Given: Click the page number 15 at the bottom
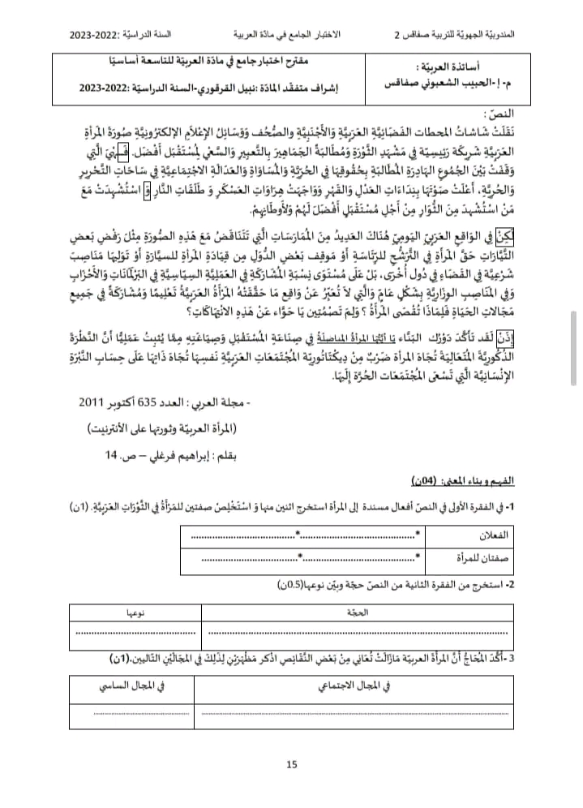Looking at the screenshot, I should click(x=292, y=763).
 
